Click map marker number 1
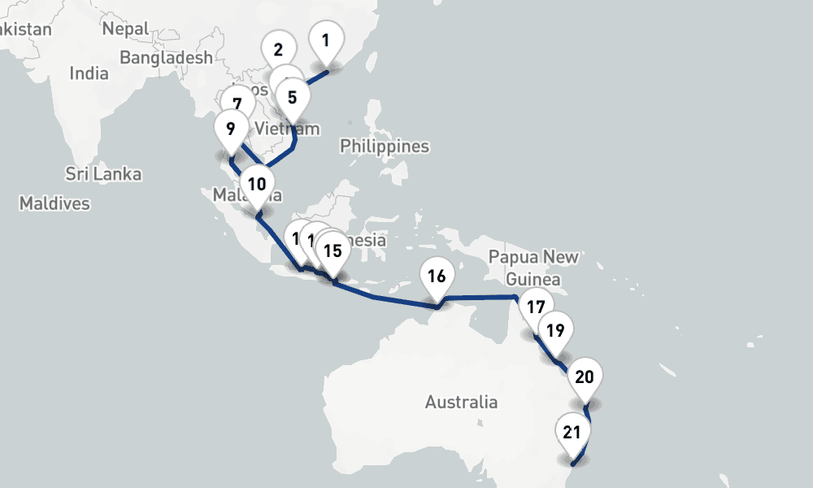point(326,40)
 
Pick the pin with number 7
point(237,104)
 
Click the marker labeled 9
point(231,129)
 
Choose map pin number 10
point(257,184)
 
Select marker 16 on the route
point(437,277)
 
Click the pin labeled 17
point(535,307)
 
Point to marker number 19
point(556,331)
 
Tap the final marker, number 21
point(572,432)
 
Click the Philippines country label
point(385,146)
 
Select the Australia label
point(461,402)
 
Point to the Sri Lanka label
point(103,174)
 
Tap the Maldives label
point(54,203)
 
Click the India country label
point(89,73)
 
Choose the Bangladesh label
point(166,58)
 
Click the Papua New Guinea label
point(533,268)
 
